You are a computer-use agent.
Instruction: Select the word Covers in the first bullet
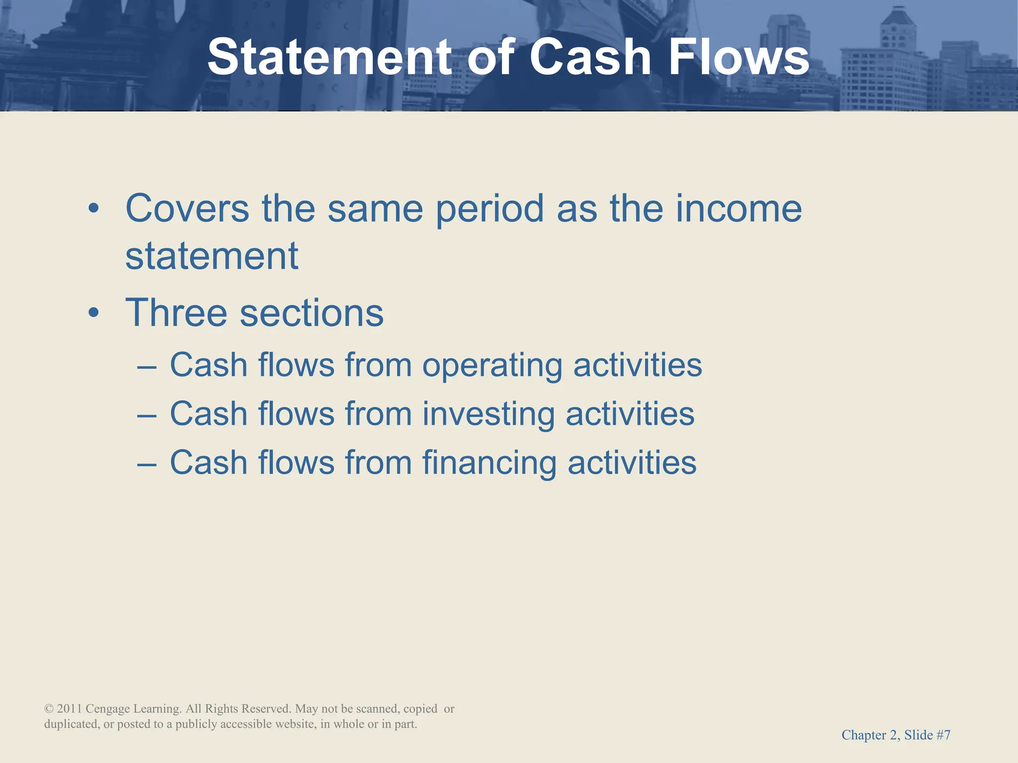187,209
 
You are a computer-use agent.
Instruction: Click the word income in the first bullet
739,209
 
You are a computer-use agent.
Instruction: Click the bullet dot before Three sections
93,314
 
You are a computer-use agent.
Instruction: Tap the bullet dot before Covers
93,209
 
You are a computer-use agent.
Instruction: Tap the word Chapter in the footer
862,735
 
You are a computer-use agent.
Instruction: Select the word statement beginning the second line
212,257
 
